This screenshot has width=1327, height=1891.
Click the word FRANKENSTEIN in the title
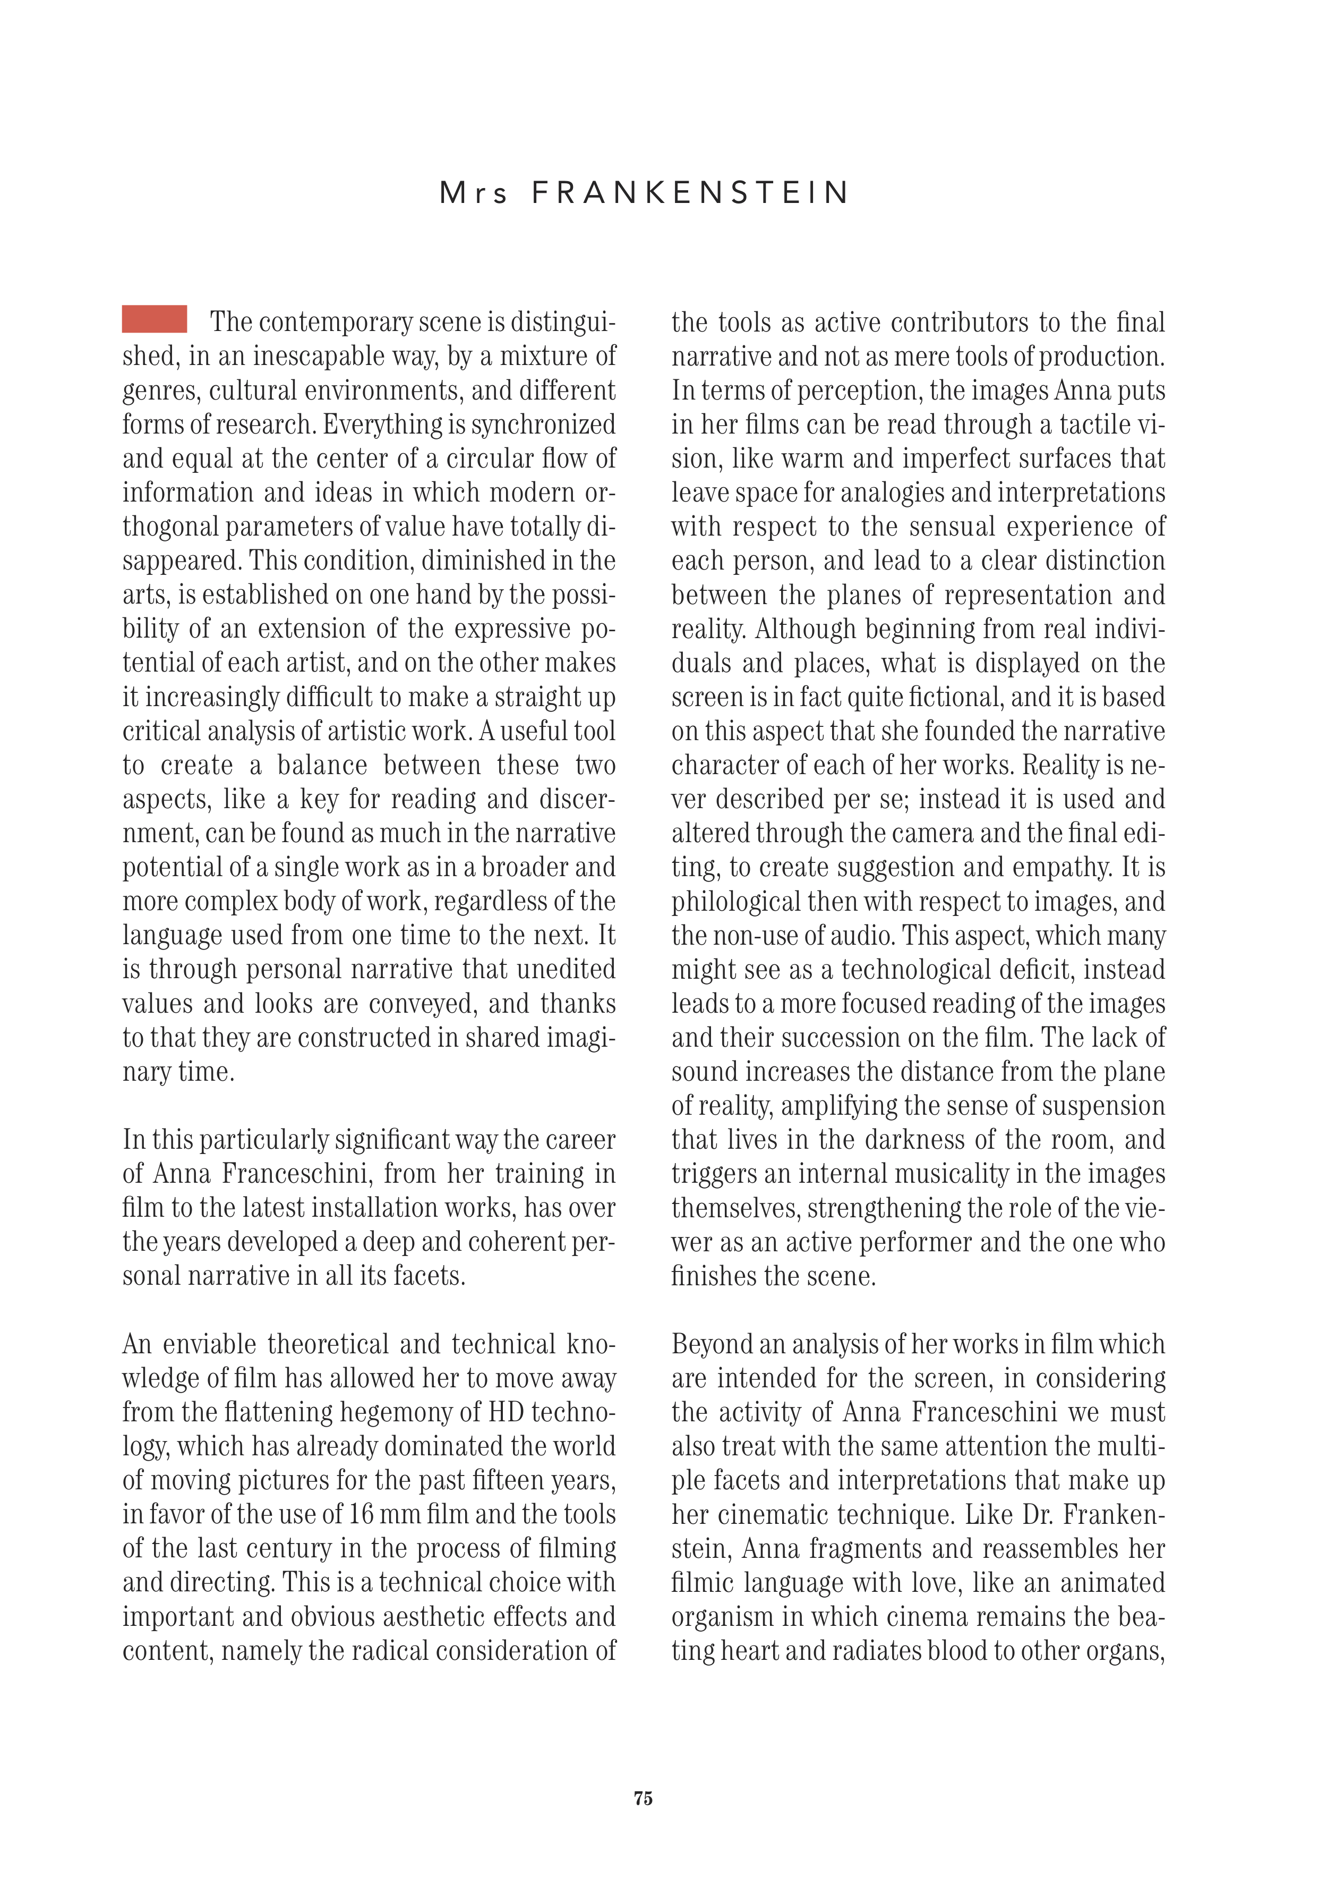[690, 193]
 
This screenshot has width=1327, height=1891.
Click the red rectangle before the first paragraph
[155, 319]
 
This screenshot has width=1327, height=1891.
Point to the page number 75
[643, 1798]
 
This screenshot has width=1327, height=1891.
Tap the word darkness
[919, 1140]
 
